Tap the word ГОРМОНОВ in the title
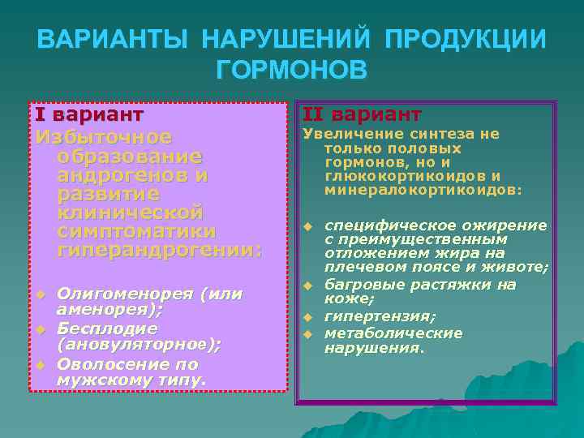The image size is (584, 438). (292, 70)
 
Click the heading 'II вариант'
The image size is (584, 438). (362, 114)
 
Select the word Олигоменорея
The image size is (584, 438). (120, 293)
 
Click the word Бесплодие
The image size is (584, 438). (106, 328)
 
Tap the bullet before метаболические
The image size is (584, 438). (308, 334)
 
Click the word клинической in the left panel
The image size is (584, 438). (130, 213)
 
